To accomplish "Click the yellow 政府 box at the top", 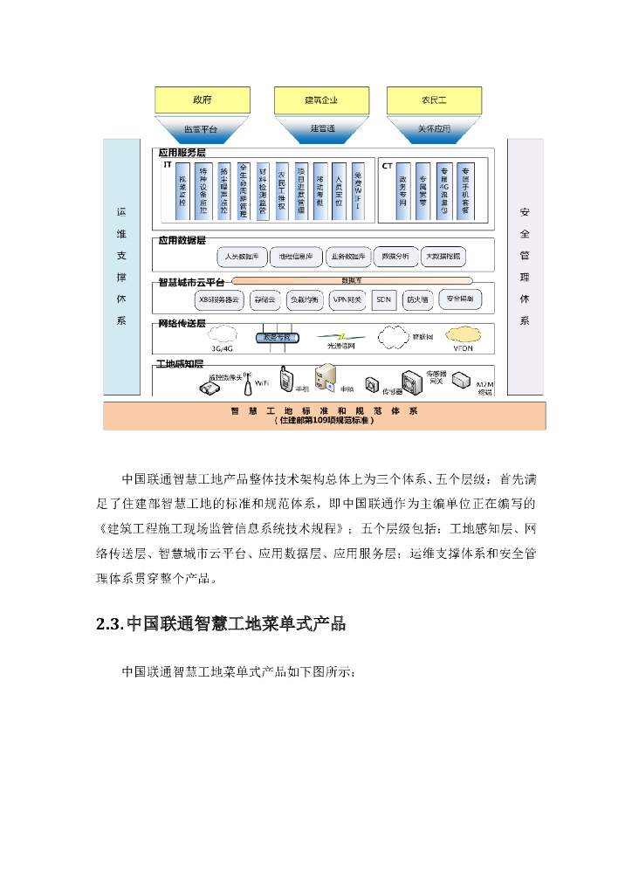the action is point(202,100).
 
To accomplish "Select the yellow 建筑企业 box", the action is point(321,100).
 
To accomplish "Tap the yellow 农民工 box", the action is point(434,100).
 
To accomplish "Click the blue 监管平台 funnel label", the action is point(202,129).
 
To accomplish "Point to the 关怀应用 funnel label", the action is point(434,129).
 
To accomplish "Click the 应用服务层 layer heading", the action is point(181,151).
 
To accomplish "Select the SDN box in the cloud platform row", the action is point(383,299).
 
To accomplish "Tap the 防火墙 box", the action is point(416,299).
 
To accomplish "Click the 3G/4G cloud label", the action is point(222,348).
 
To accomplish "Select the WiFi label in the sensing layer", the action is point(261,382).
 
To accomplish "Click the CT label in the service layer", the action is point(386,164).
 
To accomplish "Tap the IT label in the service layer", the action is point(167,164).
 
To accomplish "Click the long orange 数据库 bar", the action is point(352,281).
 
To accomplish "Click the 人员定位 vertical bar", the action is point(339,189).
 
